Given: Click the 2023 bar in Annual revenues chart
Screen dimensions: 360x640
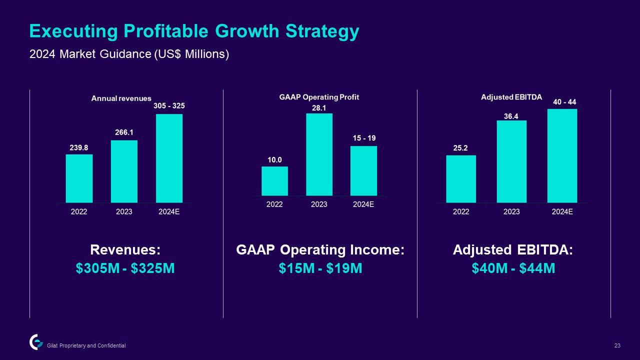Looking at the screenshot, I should (x=124, y=171).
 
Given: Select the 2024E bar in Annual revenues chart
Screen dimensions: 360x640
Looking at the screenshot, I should (x=169, y=158).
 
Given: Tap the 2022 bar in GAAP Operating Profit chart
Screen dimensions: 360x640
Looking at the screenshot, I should (x=274, y=180).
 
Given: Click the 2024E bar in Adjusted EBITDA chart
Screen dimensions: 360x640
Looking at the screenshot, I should (x=562, y=155).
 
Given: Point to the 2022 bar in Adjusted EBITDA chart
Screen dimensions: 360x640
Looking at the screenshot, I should (x=461, y=178).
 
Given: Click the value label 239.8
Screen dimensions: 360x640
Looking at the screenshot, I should (x=79, y=147).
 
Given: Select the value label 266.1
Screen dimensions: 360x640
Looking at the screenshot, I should (x=124, y=133).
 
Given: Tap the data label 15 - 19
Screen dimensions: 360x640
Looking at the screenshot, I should (x=363, y=138).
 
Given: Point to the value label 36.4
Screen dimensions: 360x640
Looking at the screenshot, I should (x=511, y=115).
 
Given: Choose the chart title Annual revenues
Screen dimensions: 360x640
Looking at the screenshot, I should (x=121, y=98).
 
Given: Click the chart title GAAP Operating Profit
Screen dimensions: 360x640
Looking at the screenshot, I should (x=319, y=97).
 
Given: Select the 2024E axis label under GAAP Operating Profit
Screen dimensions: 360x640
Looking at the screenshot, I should (x=363, y=204).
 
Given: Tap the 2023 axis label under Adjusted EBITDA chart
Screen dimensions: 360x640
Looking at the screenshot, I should (x=511, y=211).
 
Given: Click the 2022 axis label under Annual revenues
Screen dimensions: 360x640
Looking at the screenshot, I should (x=79, y=211).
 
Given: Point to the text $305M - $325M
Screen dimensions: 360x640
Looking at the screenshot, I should (x=125, y=268).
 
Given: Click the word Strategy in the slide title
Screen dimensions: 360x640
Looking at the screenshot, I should (x=322, y=31).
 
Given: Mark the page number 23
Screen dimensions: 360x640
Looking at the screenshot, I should (x=617, y=345).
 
